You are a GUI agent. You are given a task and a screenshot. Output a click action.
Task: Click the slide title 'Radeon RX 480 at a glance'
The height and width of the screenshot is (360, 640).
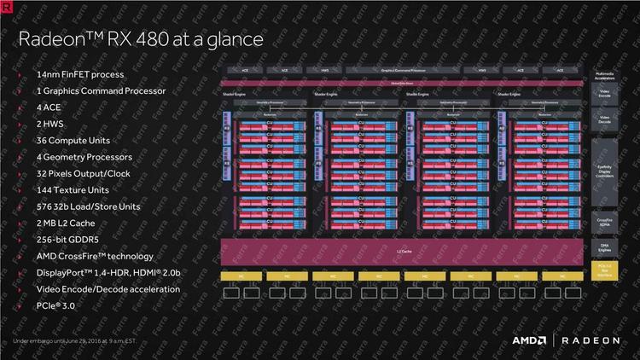142,39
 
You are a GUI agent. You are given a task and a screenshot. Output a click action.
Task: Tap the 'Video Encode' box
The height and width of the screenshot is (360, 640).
603,95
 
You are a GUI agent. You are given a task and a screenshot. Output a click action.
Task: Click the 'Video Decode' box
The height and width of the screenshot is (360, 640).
603,121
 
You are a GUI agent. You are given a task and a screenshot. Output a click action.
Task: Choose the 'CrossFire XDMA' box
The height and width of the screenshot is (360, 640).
603,222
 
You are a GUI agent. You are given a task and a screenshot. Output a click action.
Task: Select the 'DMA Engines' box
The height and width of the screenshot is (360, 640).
603,247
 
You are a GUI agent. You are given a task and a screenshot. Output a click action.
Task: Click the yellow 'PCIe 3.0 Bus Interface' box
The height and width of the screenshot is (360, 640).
603,270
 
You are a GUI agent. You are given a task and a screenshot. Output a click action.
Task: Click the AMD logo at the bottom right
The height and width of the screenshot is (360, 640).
529,340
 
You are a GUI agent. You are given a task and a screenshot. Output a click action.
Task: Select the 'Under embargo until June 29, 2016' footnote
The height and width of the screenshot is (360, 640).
75,341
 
